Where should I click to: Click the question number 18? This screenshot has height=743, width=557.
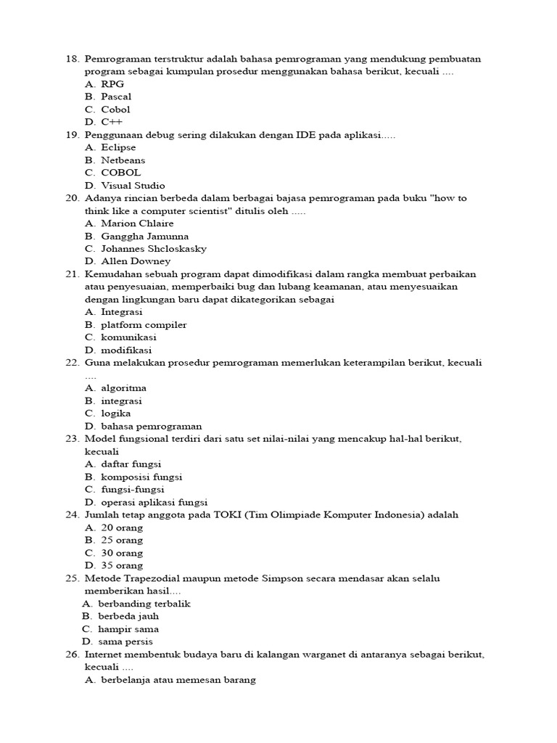[x=71, y=59]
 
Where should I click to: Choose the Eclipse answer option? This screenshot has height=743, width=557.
[x=118, y=147]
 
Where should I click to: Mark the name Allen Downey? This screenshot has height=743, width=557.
[x=136, y=261]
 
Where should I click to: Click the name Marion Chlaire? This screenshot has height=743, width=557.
[x=137, y=223]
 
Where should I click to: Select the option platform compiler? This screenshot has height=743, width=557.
[x=144, y=324]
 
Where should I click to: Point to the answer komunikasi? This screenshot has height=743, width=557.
[x=128, y=337]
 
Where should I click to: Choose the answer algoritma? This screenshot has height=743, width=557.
[x=123, y=388]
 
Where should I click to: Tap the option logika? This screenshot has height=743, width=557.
[x=116, y=414]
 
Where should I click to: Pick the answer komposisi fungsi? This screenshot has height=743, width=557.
[x=141, y=477]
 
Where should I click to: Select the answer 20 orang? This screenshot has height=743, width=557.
[x=122, y=528]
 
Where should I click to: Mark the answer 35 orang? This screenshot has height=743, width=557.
[x=122, y=565]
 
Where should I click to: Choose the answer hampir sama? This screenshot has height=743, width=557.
[x=129, y=629]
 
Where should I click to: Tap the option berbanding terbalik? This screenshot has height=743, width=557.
[x=145, y=604]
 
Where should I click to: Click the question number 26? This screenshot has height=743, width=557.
[x=71, y=654]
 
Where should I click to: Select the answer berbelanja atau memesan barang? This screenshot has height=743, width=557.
[x=178, y=681]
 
